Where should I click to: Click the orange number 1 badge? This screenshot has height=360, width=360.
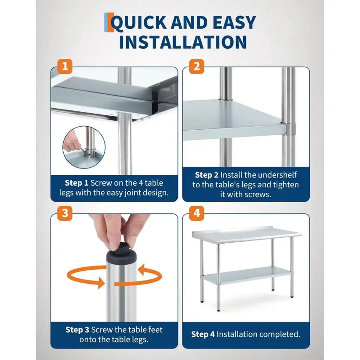coord(65,66)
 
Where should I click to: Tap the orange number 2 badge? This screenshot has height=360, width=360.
coord(197,66)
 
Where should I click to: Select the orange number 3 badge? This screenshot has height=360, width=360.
coord(65,213)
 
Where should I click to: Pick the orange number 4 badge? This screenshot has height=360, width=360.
coord(197,213)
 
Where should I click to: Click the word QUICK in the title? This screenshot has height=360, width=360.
coord(139,23)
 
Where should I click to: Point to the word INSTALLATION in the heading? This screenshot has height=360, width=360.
coord(183,42)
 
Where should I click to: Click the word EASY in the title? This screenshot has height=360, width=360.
coord(234,22)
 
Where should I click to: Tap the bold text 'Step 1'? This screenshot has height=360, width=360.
coord(76,183)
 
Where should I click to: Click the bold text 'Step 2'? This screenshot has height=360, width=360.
coord(207,175)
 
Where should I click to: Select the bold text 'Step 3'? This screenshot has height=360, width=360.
coord(77,330)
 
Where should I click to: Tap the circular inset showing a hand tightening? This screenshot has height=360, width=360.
coord(84,147)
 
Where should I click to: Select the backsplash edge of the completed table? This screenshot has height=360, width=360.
coord(232,229)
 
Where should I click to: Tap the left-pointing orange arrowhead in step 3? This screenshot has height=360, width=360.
coord(141,270)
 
